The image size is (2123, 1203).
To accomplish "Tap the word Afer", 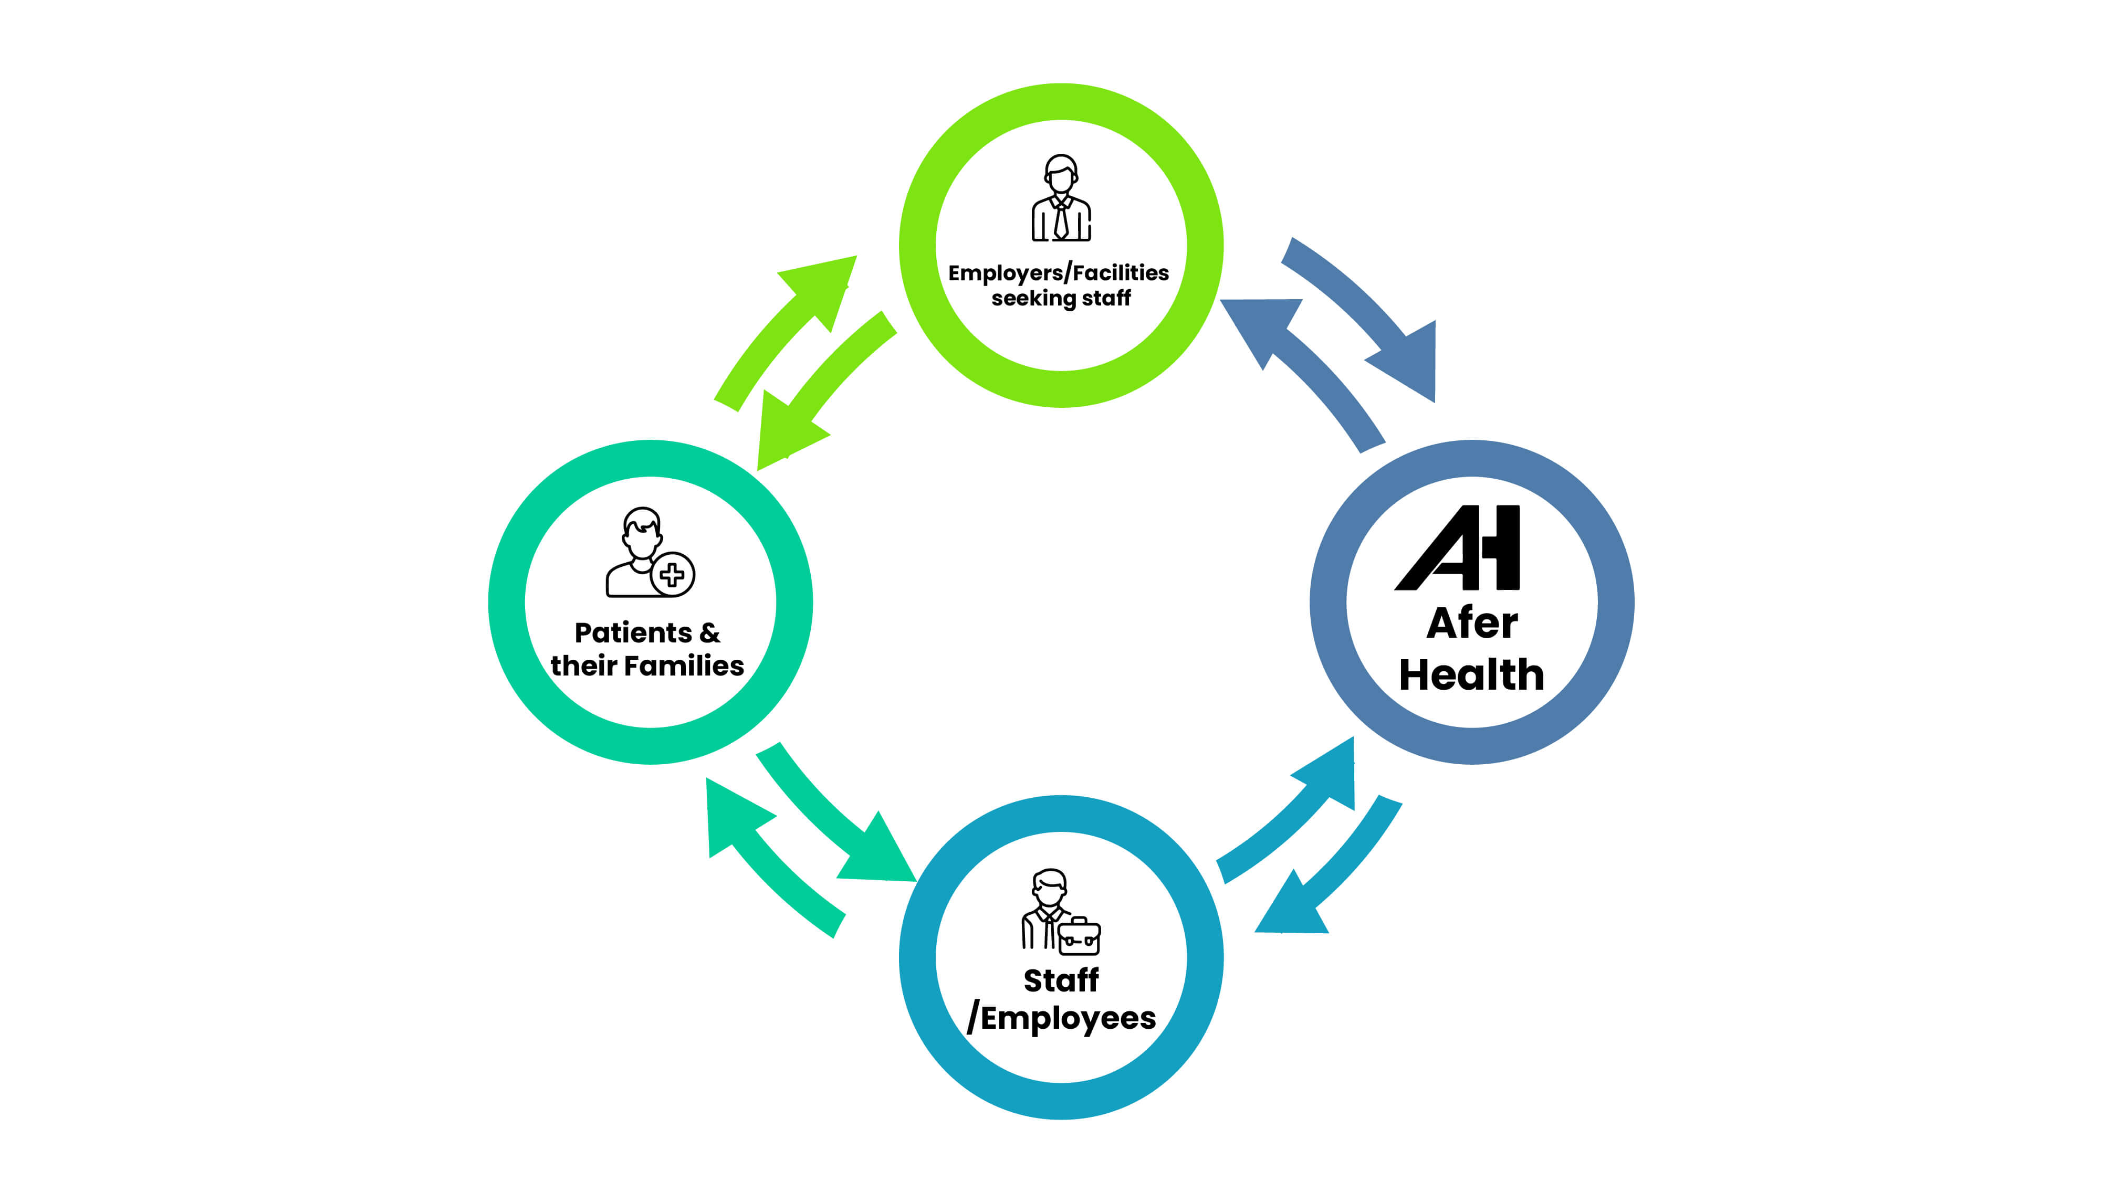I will (1472, 623).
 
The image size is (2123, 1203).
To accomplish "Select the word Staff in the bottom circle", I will (1061, 981).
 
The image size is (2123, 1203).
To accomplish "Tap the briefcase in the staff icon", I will (1079, 937).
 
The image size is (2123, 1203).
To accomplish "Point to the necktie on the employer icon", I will (1060, 220).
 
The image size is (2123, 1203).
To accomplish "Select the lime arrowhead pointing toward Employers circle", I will (823, 285).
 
